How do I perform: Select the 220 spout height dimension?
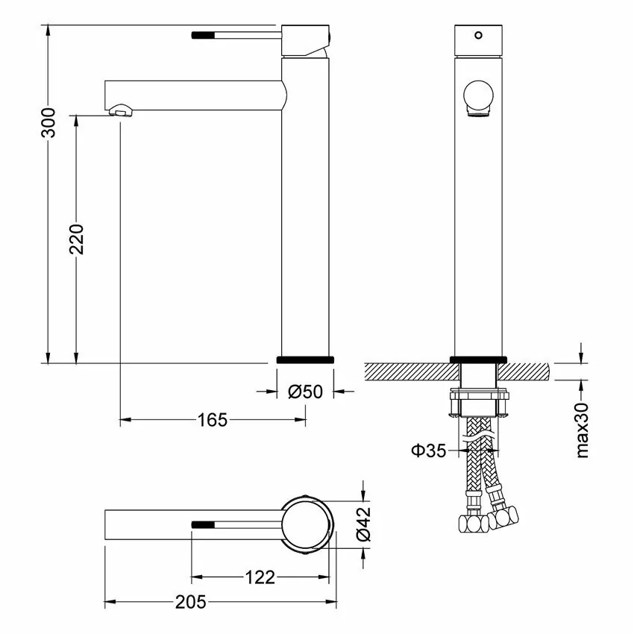77,239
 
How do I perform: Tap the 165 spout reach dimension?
212,420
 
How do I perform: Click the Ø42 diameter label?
363,525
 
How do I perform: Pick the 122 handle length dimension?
260,577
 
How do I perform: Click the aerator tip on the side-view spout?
122,112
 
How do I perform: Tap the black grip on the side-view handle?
204,34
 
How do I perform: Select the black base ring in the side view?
305,360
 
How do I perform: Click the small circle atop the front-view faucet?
478,34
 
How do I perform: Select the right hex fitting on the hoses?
505,515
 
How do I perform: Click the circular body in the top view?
305,525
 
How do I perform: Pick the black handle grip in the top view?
204,524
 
